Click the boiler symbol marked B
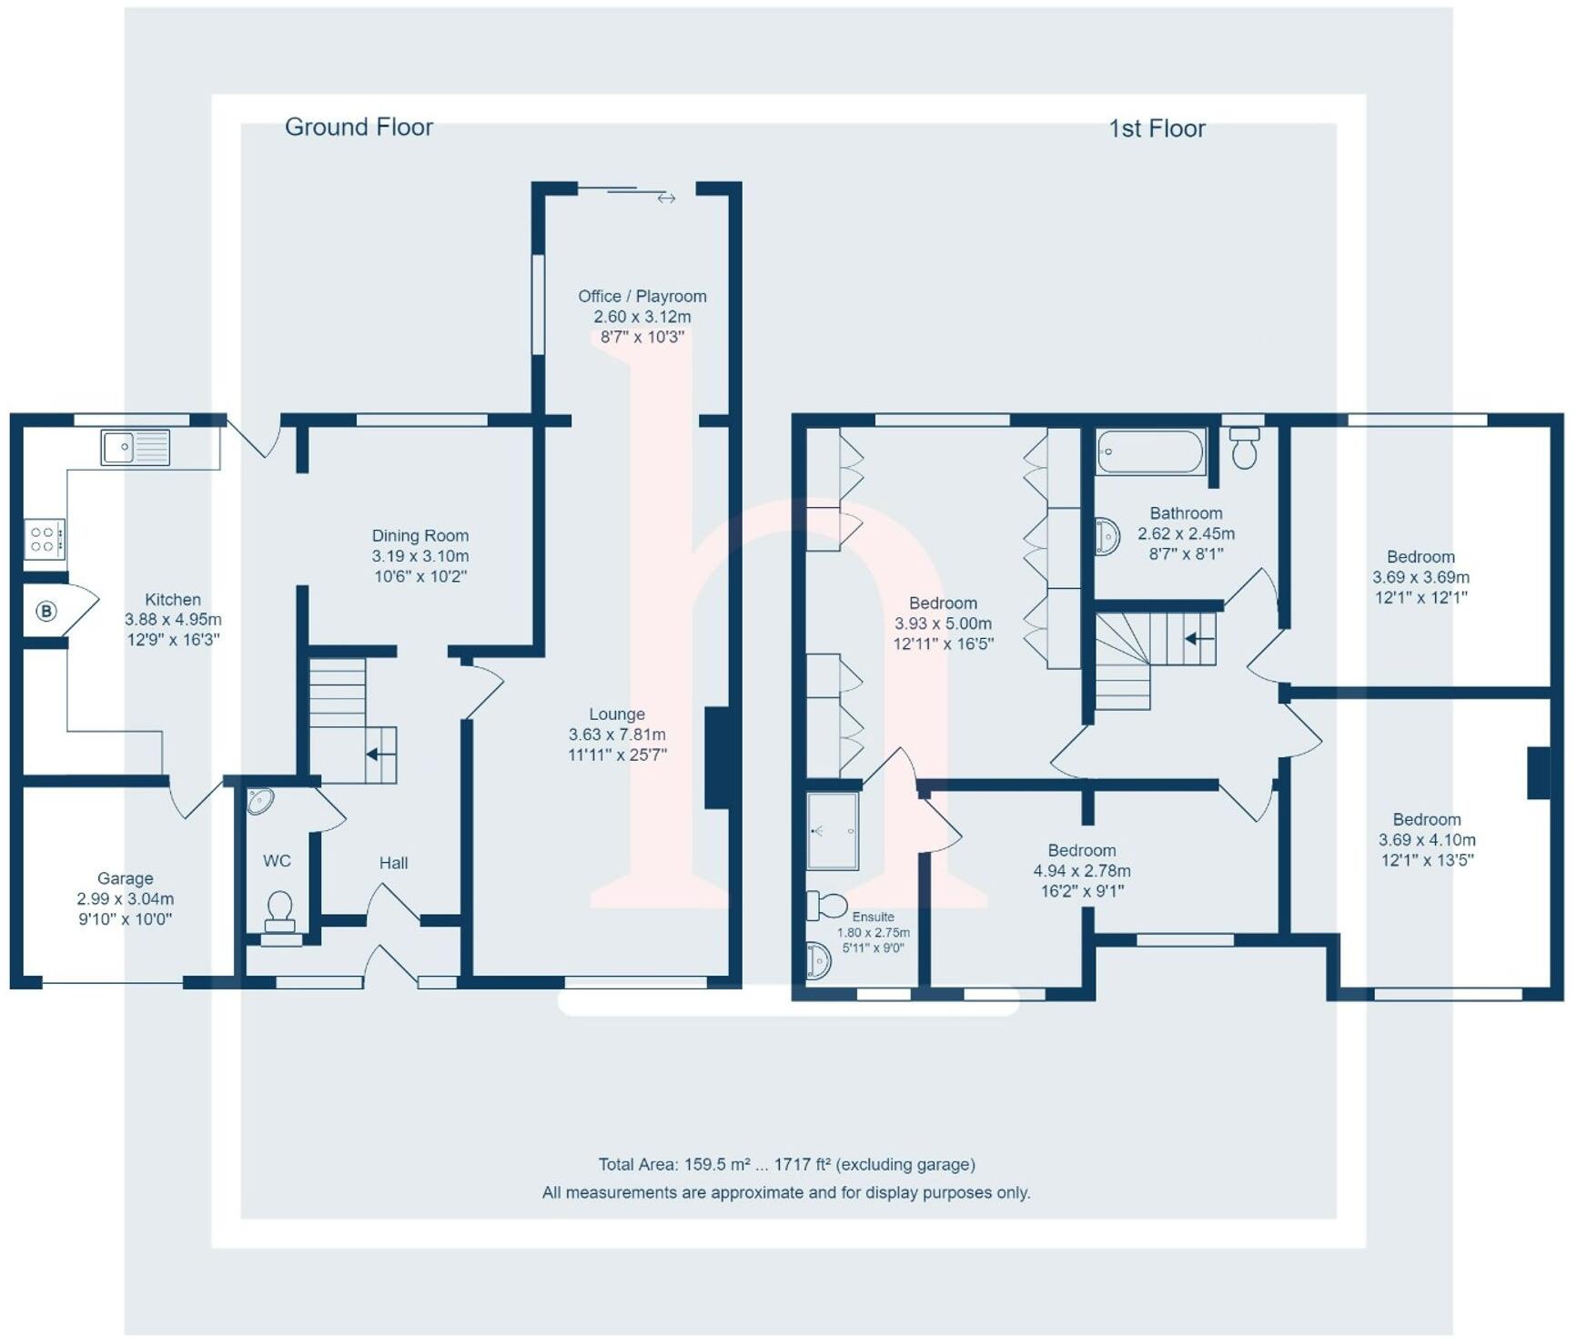(x=46, y=611)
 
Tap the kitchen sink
(x=136, y=448)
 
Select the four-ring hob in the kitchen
(x=44, y=538)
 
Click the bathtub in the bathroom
(x=1150, y=452)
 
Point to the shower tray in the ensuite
(x=833, y=831)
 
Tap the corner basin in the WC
(x=259, y=801)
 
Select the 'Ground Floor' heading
(x=359, y=127)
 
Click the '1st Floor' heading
(x=1157, y=128)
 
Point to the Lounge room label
(x=616, y=715)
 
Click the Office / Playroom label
(x=642, y=296)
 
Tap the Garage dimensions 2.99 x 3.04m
(x=126, y=898)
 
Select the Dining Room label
(x=419, y=535)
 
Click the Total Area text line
(x=786, y=1164)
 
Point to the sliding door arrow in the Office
(x=666, y=198)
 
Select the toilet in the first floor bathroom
(x=1244, y=449)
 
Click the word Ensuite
(x=873, y=917)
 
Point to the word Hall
(x=393, y=863)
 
